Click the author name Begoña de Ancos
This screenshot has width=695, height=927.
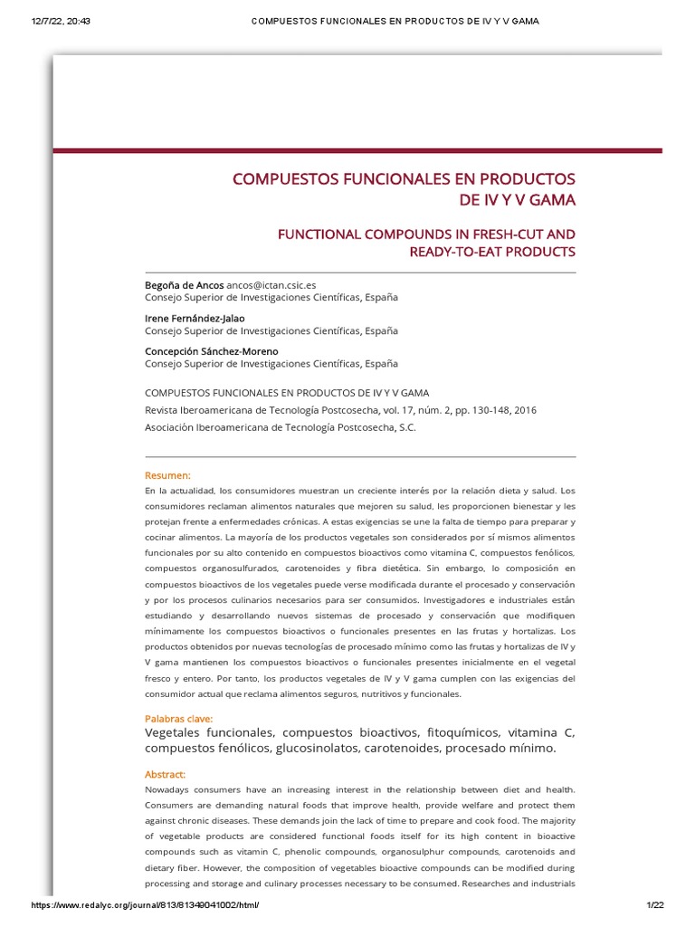pyautogui.click(x=184, y=285)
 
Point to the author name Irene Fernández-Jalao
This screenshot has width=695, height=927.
pyautogui.click(x=195, y=319)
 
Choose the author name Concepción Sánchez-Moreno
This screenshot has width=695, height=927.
pyautogui.click(x=212, y=351)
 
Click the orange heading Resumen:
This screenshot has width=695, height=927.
pyautogui.click(x=167, y=475)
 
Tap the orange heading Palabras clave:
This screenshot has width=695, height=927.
pyautogui.click(x=179, y=719)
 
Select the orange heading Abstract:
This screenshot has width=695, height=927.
pyautogui.click(x=165, y=775)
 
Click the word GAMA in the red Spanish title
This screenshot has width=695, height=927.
pyautogui.click(x=546, y=199)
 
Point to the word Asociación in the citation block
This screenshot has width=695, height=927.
pyautogui.click(x=176, y=427)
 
